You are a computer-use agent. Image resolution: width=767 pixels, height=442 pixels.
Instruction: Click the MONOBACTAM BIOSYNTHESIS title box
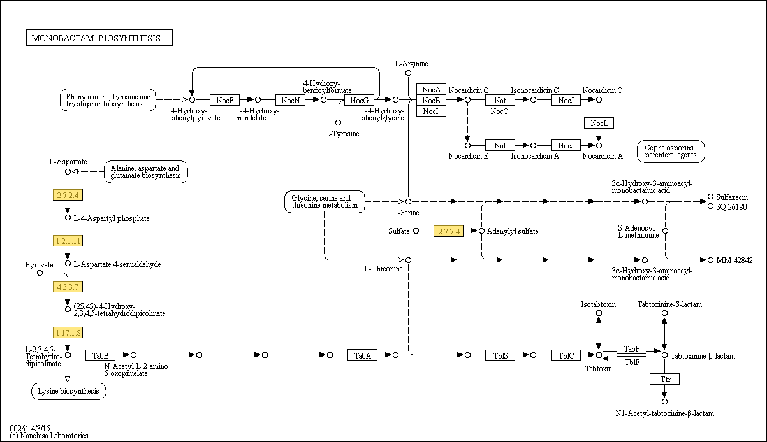point(99,38)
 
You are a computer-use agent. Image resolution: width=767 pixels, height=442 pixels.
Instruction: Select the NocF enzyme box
point(224,100)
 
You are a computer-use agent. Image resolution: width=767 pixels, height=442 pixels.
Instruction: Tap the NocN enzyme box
point(290,100)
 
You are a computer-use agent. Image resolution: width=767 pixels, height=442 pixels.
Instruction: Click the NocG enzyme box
point(359,100)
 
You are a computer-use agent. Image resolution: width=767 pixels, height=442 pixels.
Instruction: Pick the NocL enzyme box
point(599,123)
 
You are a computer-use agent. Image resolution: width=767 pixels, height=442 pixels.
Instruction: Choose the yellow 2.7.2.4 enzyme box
point(68,195)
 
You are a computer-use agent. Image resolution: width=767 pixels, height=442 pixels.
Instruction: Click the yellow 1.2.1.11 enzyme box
point(68,241)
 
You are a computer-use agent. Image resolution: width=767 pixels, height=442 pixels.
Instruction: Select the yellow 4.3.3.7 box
point(68,287)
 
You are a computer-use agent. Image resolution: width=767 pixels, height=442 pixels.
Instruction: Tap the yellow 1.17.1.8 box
point(68,332)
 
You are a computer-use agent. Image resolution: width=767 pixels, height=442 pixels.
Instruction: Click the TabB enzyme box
point(101,355)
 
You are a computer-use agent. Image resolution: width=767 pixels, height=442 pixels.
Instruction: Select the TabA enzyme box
point(363,355)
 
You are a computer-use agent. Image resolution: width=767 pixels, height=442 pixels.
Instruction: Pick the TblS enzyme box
point(500,355)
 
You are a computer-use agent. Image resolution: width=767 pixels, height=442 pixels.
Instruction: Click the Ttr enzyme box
point(664,379)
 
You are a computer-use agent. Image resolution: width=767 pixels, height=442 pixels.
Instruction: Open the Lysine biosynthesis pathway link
point(69,391)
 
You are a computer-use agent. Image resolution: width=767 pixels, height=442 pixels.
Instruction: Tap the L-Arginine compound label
point(411,64)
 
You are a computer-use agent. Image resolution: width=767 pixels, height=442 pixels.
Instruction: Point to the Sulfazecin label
point(731,197)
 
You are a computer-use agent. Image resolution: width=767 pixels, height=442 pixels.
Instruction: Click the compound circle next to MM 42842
point(711,260)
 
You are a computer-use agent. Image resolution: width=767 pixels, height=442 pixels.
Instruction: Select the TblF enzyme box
point(632,362)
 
